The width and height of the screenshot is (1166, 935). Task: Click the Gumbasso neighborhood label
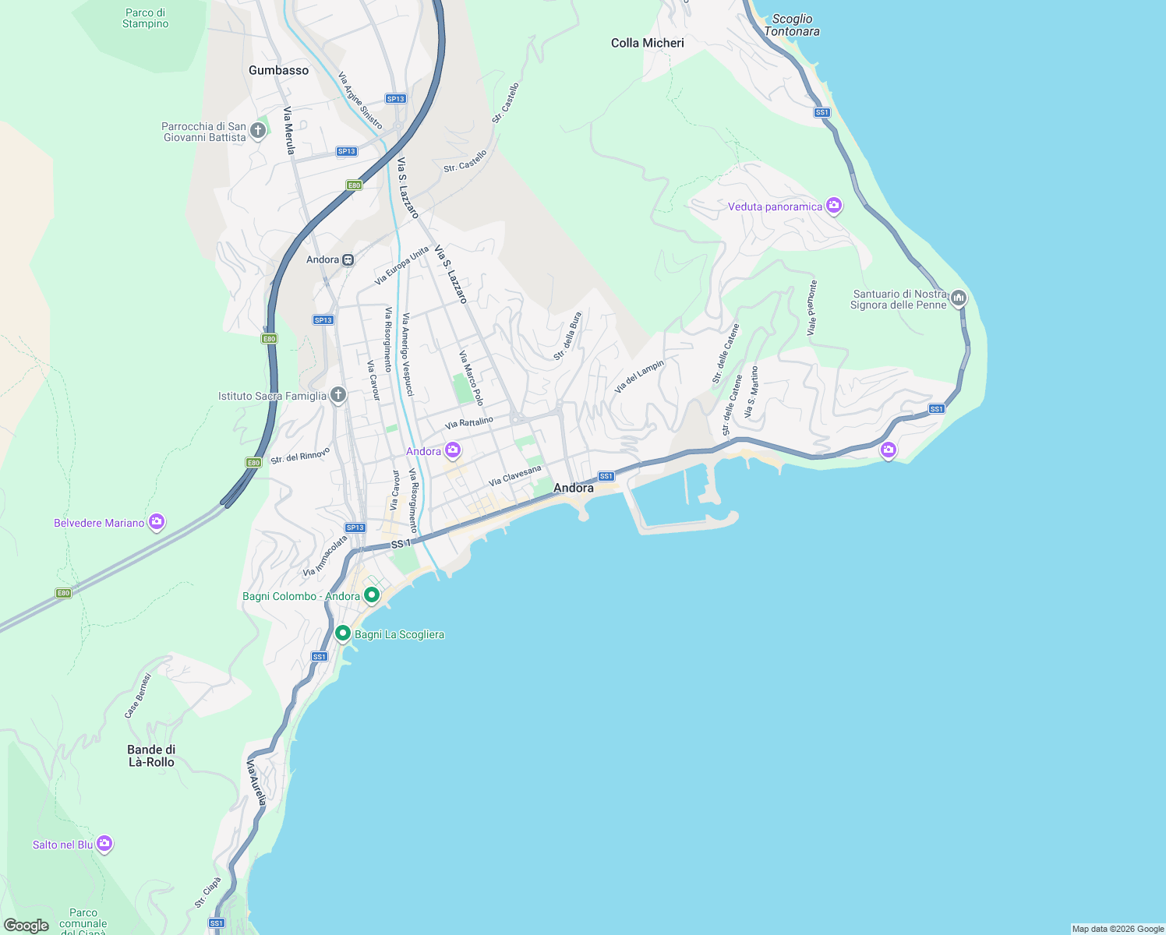point(278,70)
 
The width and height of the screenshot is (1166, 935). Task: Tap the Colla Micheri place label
point(647,43)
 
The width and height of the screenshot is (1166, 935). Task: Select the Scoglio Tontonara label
point(791,25)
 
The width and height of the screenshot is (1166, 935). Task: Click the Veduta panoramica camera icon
point(834,206)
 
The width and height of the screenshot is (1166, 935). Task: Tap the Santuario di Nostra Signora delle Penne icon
point(959,298)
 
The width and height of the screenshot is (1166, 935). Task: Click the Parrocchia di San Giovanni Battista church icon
point(258,131)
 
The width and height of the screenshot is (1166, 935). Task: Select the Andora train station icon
point(348,259)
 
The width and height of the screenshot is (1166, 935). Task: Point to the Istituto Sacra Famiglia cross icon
point(337,395)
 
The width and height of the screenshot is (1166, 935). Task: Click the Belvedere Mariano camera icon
point(157,522)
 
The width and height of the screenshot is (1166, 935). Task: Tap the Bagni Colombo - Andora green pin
point(372,595)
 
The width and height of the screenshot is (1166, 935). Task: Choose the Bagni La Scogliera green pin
point(342,633)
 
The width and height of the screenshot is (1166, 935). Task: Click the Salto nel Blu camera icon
point(104,844)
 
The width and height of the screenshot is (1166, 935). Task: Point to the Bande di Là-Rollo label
point(151,756)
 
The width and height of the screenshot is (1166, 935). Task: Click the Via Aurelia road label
point(257,782)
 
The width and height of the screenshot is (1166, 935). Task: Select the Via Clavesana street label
point(514,475)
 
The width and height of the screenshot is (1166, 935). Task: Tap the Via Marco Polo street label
point(471,378)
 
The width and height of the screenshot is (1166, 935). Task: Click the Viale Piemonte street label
point(812,309)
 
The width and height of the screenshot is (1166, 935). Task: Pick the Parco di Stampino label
point(145,18)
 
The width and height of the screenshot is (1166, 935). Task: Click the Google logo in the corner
point(26,925)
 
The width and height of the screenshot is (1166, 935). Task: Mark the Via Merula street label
point(288,130)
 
